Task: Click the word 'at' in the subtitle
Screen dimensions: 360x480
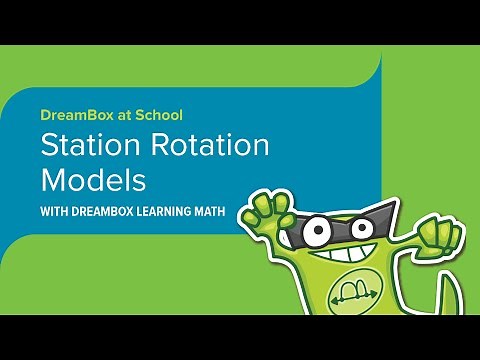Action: pyautogui.click(x=125, y=115)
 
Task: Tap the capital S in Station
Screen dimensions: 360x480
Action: pyautogui.click(x=49, y=147)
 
